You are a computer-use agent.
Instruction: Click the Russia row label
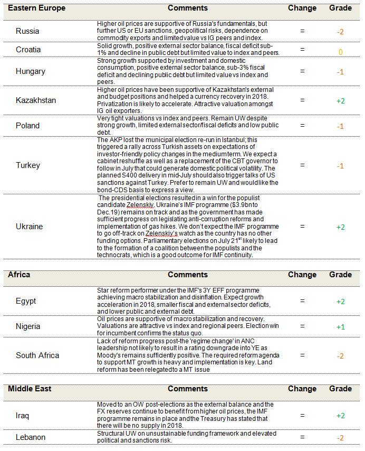[x=27, y=31]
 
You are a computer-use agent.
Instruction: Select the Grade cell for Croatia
[x=340, y=52]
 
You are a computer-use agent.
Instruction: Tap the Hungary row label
[x=31, y=71]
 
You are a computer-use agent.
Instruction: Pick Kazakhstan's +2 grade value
[x=340, y=100]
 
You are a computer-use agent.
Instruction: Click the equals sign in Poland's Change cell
[x=302, y=126]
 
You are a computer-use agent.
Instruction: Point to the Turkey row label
[x=28, y=165]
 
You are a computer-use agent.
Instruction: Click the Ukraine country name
[x=30, y=227]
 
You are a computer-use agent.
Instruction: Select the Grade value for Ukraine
[x=340, y=227]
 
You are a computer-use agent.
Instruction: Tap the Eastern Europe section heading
[x=37, y=8]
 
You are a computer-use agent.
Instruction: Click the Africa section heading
[x=19, y=275]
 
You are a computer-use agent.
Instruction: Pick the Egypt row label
[x=26, y=301]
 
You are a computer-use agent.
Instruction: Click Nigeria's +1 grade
[x=340, y=326]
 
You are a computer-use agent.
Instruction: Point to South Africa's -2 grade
[x=340, y=355]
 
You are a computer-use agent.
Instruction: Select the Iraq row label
[x=23, y=416]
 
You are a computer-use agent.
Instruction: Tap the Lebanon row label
[x=31, y=437]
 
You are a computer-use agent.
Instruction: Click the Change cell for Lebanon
[x=302, y=437]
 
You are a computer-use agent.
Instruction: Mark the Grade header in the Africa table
[x=340, y=275]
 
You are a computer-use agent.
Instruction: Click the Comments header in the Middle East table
[x=187, y=389]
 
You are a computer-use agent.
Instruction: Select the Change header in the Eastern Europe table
[x=302, y=8]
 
